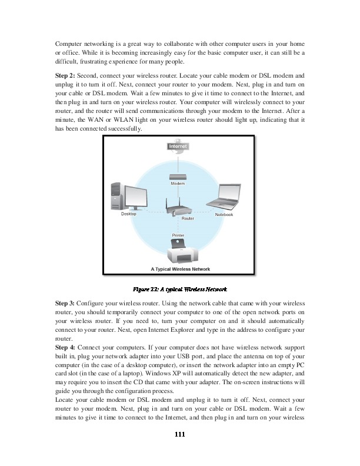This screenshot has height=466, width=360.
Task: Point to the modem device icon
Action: tap(178, 176)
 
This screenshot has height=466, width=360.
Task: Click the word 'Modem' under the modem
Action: tap(178, 184)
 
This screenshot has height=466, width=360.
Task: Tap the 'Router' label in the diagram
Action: tap(188, 218)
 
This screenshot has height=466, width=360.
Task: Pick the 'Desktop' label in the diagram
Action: tap(128, 214)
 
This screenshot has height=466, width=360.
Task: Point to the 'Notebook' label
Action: tap(224, 215)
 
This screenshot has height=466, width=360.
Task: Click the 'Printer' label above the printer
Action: tap(178, 235)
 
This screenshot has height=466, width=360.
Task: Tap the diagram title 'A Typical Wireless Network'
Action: tap(178, 269)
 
